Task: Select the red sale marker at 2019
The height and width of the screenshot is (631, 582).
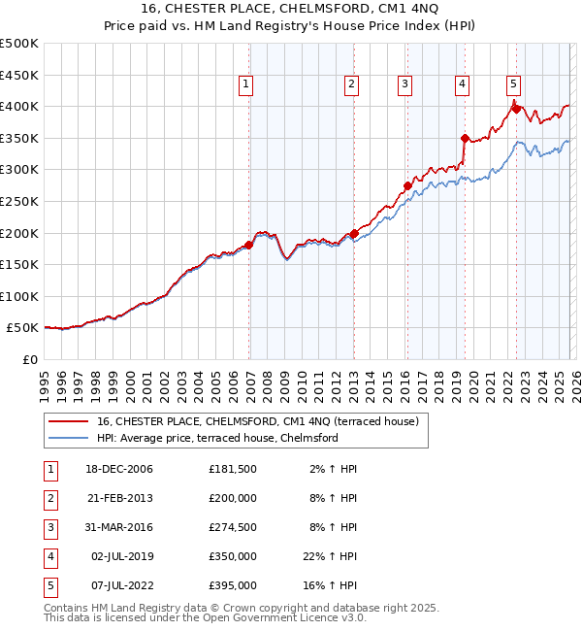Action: (x=465, y=138)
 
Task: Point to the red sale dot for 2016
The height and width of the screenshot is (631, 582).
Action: (x=408, y=185)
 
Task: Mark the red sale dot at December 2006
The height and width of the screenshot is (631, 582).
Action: (x=249, y=245)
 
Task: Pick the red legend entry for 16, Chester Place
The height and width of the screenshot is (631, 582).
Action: (x=257, y=421)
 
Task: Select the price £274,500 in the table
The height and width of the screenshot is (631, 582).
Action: (x=233, y=526)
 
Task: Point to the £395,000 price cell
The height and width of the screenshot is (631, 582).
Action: (x=233, y=585)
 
